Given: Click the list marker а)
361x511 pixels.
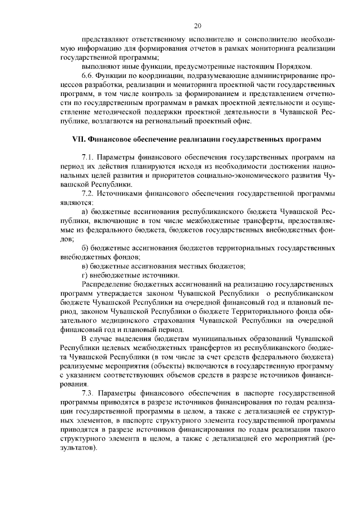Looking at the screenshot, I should [85, 211].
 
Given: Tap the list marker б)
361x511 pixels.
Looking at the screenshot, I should [85, 247].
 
